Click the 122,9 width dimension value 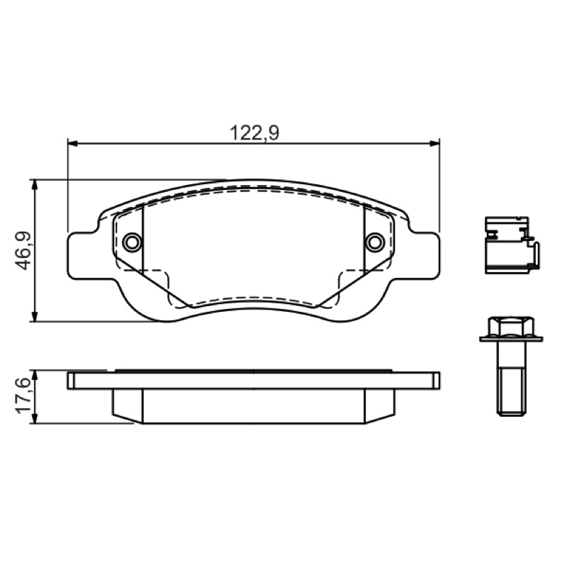pos(254,133)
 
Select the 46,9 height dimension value pos(23,250)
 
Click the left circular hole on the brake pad pos(132,242)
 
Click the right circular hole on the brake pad pos(375,242)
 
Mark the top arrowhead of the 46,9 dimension pos(34,184)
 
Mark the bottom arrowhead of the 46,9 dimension pos(34,316)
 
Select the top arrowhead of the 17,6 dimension pos(34,376)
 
